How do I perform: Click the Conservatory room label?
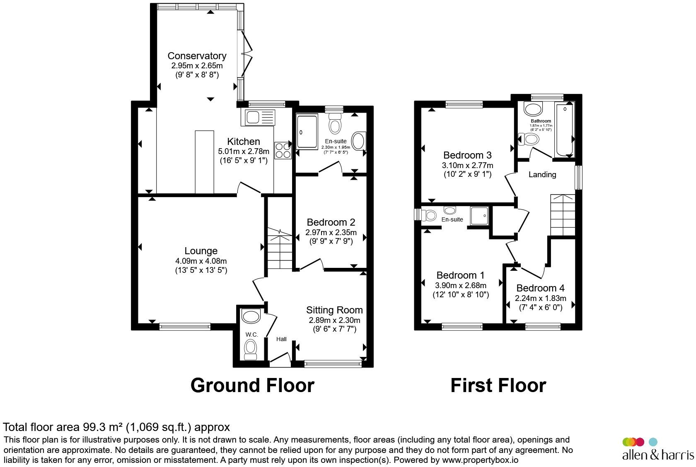pyautogui.click(x=197, y=56)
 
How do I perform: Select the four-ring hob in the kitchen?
pyautogui.click(x=283, y=151)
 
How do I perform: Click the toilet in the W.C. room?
pyautogui.click(x=251, y=349)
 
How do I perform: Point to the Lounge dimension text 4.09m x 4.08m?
pyautogui.click(x=201, y=261)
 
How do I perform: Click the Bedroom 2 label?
pyautogui.click(x=331, y=222)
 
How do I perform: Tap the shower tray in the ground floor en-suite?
pyautogui.click(x=307, y=131)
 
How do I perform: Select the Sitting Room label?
pyautogui.click(x=335, y=310)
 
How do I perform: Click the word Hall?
pyautogui.click(x=282, y=339)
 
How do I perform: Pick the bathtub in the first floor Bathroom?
pyautogui.click(x=565, y=130)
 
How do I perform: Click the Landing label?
pyautogui.click(x=543, y=175)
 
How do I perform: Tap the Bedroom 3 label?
pyautogui.click(x=468, y=155)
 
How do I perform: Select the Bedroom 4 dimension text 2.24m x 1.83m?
pyautogui.click(x=541, y=298)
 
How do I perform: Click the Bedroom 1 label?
pyautogui.click(x=461, y=275)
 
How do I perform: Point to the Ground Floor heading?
pyautogui.click(x=252, y=385)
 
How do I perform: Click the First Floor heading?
pyautogui.click(x=498, y=385)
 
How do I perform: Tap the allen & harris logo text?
pyautogui.click(x=658, y=455)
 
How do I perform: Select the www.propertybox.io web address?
pyautogui.click(x=480, y=460)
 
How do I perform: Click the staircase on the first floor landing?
pyautogui.click(x=563, y=215)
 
